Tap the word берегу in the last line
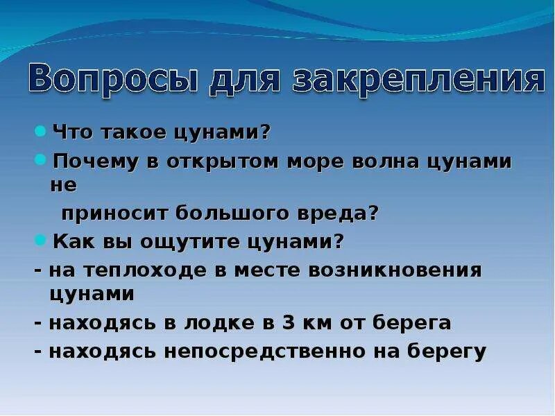pyautogui.click(x=447, y=352)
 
